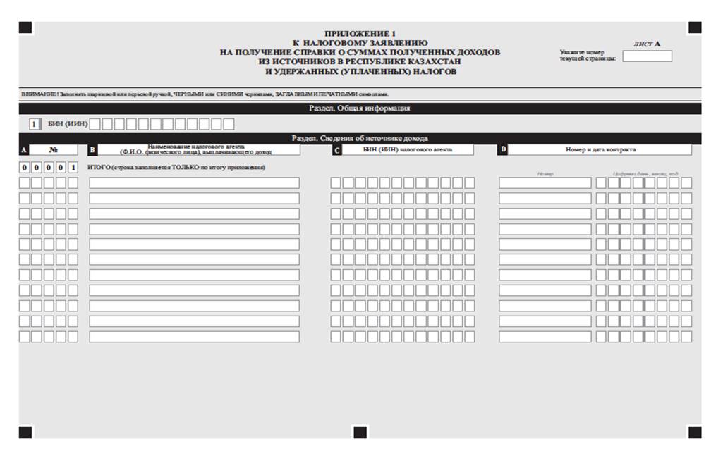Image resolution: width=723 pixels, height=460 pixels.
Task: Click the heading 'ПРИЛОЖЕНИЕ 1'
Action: [x=360, y=33]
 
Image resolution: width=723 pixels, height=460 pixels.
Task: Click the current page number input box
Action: [x=647, y=56]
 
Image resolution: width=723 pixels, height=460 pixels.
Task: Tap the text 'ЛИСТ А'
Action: [x=647, y=44]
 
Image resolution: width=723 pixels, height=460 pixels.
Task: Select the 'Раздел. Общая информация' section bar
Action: [x=360, y=108]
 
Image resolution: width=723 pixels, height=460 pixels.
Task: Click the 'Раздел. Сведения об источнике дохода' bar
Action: [x=360, y=138]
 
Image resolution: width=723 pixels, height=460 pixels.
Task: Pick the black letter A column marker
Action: [x=24, y=150]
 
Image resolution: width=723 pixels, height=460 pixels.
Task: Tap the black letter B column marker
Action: [x=92, y=150]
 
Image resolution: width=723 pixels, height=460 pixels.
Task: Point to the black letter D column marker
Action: [x=502, y=150]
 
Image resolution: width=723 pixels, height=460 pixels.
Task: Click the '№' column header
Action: [x=54, y=150]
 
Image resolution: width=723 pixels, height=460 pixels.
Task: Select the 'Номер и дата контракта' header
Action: [x=600, y=150]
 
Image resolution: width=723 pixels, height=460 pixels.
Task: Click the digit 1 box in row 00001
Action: [x=73, y=168]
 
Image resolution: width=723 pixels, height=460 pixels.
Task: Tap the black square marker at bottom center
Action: [x=360, y=432]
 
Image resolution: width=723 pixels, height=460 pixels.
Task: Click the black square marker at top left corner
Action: [x=25, y=27]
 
